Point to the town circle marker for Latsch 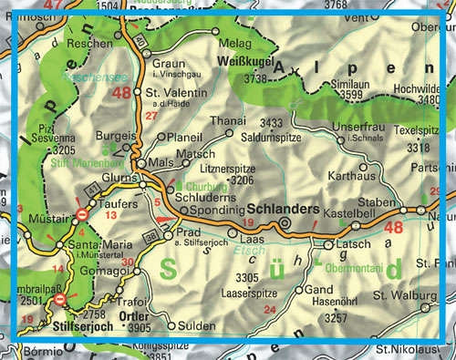(329, 245)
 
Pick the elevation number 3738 (254, 79)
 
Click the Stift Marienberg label (75, 165)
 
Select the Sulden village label (196, 324)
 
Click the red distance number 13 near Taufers (111, 215)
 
